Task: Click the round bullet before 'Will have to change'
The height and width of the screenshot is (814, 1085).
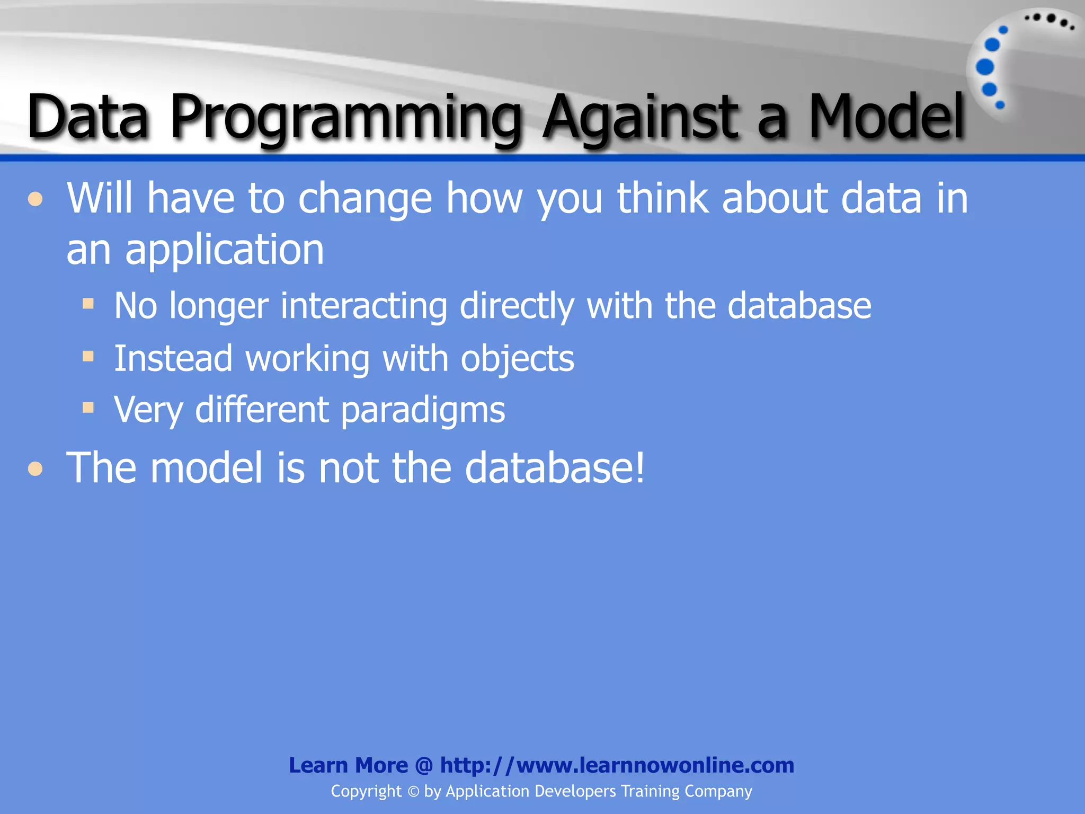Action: tap(35, 200)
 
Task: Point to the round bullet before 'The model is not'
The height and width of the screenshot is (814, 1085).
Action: tap(35, 469)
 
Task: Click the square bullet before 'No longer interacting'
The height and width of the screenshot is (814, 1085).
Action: tap(88, 304)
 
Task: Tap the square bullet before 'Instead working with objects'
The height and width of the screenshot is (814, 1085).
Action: tap(88, 356)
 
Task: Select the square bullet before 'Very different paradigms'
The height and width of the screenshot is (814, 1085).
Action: tap(88, 408)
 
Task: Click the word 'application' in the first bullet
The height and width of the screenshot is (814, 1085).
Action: tap(224, 250)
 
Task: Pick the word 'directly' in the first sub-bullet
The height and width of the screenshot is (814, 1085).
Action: tap(517, 306)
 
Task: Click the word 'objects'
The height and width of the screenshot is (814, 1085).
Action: tap(517, 359)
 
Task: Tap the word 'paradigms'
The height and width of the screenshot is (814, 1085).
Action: tap(423, 410)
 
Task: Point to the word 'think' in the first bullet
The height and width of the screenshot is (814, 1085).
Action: tap(662, 198)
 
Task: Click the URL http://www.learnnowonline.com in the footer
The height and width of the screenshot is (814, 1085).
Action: tap(617, 765)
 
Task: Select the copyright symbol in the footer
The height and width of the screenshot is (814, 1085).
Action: tap(413, 792)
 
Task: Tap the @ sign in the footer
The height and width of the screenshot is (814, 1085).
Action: tap(424, 765)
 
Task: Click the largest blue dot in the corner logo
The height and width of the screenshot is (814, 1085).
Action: tap(985, 67)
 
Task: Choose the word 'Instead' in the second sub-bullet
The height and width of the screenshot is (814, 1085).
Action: tap(173, 358)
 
